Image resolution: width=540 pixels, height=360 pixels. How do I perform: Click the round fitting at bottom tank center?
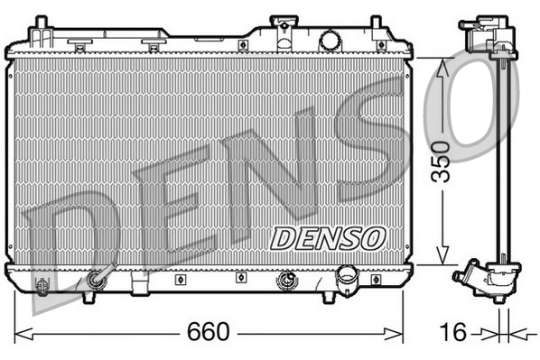288,280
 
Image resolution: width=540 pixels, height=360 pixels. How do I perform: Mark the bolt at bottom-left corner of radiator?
41,286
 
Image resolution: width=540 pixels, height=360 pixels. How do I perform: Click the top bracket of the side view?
486,35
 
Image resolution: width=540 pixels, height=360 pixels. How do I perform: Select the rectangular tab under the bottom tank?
139,288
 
